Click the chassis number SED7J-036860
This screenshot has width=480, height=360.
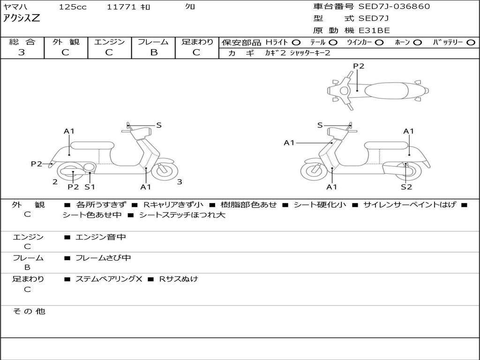[394, 7]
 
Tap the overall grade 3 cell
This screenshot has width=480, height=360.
[22, 52]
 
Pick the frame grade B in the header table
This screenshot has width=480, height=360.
[154, 52]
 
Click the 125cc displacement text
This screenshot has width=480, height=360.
[73, 7]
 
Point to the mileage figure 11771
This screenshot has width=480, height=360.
[121, 7]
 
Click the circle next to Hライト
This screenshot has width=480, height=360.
[296, 43]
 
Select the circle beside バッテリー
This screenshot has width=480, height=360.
[471, 43]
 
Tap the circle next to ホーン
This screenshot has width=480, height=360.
[418, 43]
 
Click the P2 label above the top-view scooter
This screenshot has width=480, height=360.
[359, 66]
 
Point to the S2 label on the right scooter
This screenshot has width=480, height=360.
[406, 187]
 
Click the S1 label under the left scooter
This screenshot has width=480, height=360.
[90, 187]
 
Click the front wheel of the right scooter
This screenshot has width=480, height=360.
[314, 172]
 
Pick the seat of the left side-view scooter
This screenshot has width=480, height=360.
[92, 145]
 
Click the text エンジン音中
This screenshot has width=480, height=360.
[100, 237]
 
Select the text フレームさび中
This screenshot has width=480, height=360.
[103, 258]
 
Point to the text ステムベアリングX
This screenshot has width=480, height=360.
[109, 279]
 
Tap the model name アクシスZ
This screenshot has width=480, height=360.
[22, 19]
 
